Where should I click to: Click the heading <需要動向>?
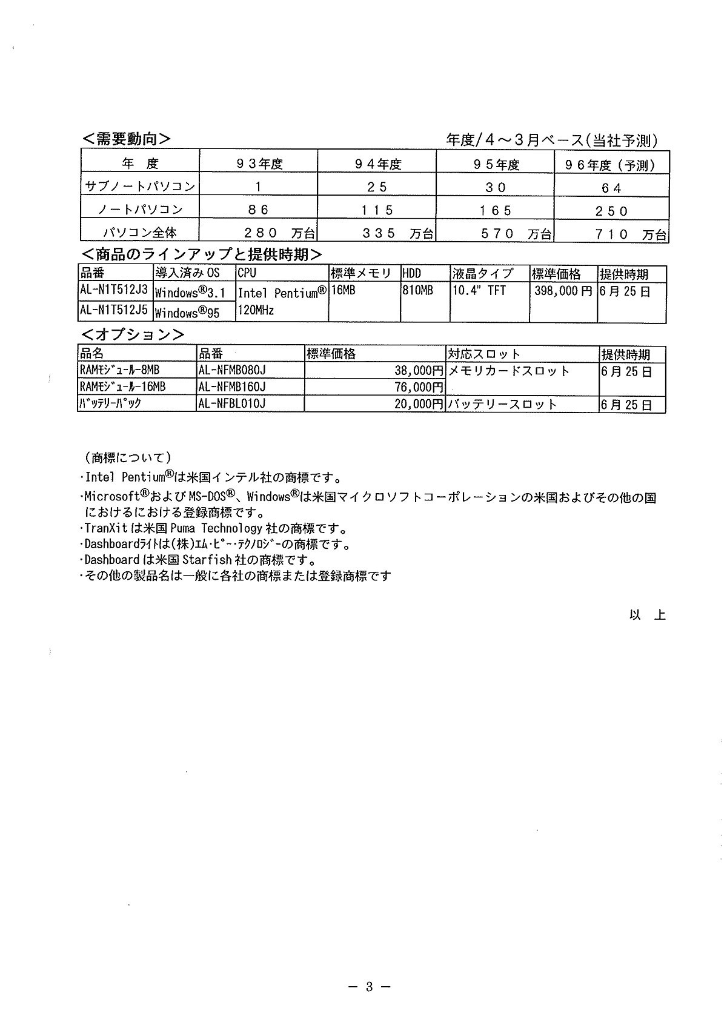click(126, 139)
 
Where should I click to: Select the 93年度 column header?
click(259, 164)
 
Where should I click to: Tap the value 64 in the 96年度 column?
click(611, 188)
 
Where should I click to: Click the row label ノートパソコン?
click(141, 210)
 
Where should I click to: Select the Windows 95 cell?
click(187, 313)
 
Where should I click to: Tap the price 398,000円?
click(563, 291)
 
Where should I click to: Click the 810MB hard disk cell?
click(418, 291)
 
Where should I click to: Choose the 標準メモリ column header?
click(361, 274)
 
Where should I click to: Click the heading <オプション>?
click(133, 334)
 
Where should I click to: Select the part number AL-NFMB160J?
click(232, 386)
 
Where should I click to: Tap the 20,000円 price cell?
click(419, 404)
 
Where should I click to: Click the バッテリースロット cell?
click(502, 404)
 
